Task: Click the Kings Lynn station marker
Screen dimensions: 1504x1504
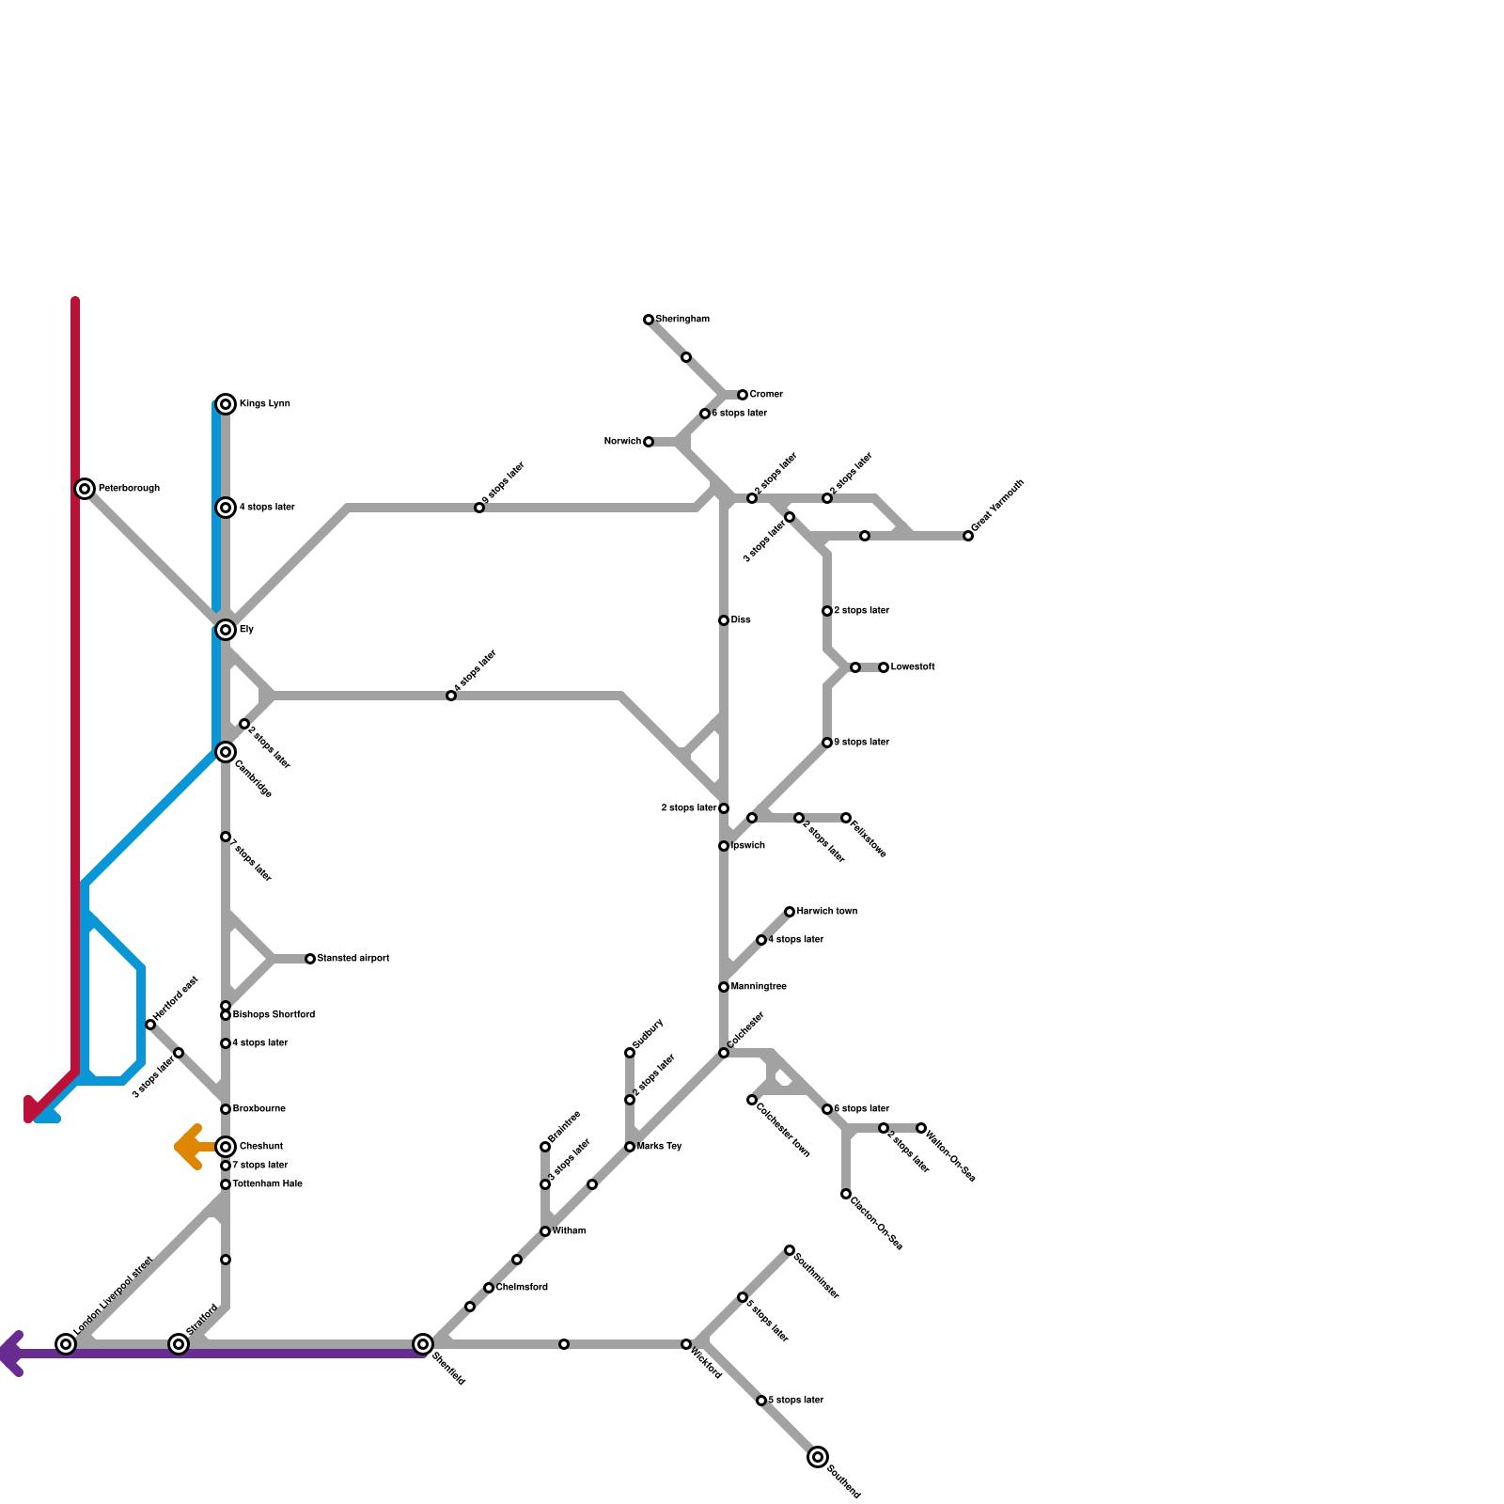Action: pos(226,404)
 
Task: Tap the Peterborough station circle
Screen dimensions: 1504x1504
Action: pos(85,489)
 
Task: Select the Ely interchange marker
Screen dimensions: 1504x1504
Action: pos(226,630)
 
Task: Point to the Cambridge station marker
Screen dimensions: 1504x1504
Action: pos(226,752)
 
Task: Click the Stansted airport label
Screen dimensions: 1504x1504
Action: pos(353,959)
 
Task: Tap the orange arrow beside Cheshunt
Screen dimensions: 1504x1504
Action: pos(188,1147)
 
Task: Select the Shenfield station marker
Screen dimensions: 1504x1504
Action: pos(423,1344)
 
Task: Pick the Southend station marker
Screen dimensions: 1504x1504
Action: pos(818,1457)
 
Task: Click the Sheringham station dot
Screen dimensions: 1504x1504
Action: pos(649,320)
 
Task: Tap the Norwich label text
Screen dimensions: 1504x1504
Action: pos(622,442)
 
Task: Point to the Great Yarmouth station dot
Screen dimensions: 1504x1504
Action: pos(968,536)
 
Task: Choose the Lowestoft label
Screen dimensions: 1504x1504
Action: pos(913,667)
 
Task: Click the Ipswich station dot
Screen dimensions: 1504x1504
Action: pos(724,846)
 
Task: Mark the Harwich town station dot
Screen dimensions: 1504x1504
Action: pos(790,912)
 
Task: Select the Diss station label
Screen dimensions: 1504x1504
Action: pos(741,620)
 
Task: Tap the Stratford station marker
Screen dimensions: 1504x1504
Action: pos(179,1344)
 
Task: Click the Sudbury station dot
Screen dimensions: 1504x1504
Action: pos(630,1053)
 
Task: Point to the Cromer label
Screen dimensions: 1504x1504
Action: pos(766,395)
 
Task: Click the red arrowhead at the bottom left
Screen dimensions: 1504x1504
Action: pos(31,1111)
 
